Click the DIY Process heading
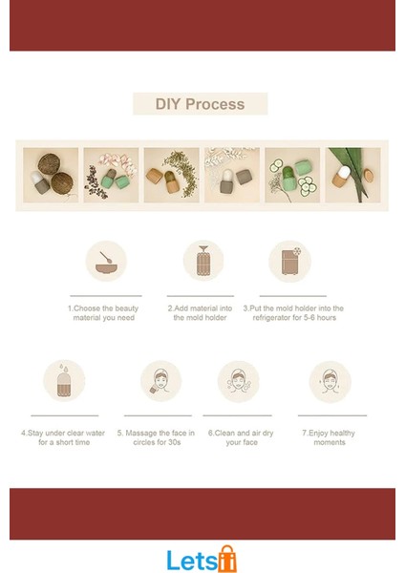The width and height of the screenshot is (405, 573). (x=200, y=104)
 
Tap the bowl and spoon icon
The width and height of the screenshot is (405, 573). (x=106, y=261)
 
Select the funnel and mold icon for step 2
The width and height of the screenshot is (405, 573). (x=203, y=260)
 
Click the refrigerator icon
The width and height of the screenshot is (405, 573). (x=290, y=261)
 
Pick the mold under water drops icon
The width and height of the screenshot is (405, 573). (x=64, y=380)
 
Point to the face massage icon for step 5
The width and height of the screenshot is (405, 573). (x=160, y=381)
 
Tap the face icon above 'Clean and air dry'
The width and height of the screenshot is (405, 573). (x=239, y=381)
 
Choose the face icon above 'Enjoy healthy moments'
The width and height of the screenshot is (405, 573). (x=330, y=382)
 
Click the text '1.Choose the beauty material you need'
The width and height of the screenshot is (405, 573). (x=103, y=313)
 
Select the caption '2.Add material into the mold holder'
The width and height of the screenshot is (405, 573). (x=200, y=313)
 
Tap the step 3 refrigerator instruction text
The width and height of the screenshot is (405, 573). (x=293, y=313)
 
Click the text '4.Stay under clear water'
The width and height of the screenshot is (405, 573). (x=63, y=433)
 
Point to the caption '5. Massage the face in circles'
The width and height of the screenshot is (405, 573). (x=156, y=437)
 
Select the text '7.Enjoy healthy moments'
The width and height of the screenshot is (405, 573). (x=329, y=437)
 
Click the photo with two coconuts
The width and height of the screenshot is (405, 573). (x=51, y=175)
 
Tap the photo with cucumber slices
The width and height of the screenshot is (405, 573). (x=292, y=175)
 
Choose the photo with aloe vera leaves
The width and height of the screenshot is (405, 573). (x=352, y=175)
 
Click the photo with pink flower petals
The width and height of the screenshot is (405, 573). (x=111, y=175)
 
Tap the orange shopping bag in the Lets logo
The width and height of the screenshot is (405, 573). (x=227, y=559)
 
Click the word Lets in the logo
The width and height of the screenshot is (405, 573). (x=192, y=560)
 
